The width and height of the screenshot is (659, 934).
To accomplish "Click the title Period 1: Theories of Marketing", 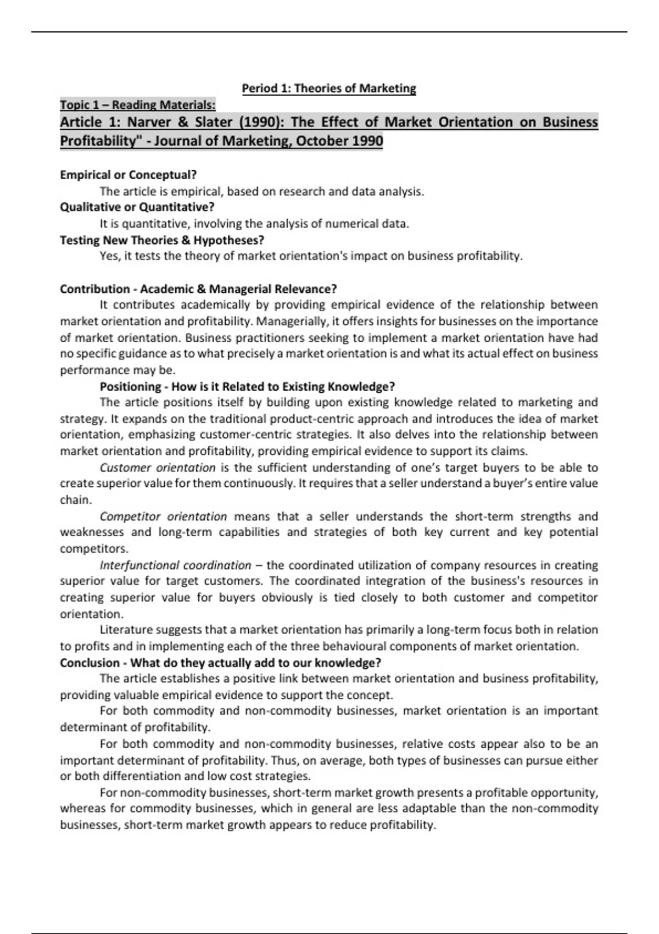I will pyautogui.click(x=329, y=88).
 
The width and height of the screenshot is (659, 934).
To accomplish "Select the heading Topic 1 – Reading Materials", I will pyautogui.click(x=137, y=104).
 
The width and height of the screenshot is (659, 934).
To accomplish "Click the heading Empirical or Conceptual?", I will pyautogui.click(x=128, y=175).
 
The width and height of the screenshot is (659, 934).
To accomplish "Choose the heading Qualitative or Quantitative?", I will pyautogui.click(x=137, y=207).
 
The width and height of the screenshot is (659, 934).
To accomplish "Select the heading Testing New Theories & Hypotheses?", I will pyautogui.click(x=162, y=240).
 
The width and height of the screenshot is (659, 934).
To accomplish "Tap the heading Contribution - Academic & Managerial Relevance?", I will pyautogui.click(x=198, y=289).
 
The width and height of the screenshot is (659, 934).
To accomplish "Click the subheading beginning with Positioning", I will pyautogui.click(x=247, y=386).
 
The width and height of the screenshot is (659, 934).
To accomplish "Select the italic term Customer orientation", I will pyautogui.click(x=158, y=468).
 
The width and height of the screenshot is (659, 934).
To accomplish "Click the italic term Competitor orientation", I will pyautogui.click(x=163, y=516).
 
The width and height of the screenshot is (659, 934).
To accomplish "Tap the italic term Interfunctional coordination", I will pyautogui.click(x=175, y=565).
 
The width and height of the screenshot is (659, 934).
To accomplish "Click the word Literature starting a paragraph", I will pyautogui.click(x=126, y=630).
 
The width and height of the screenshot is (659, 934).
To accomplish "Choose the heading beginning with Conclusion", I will pyautogui.click(x=220, y=663).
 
